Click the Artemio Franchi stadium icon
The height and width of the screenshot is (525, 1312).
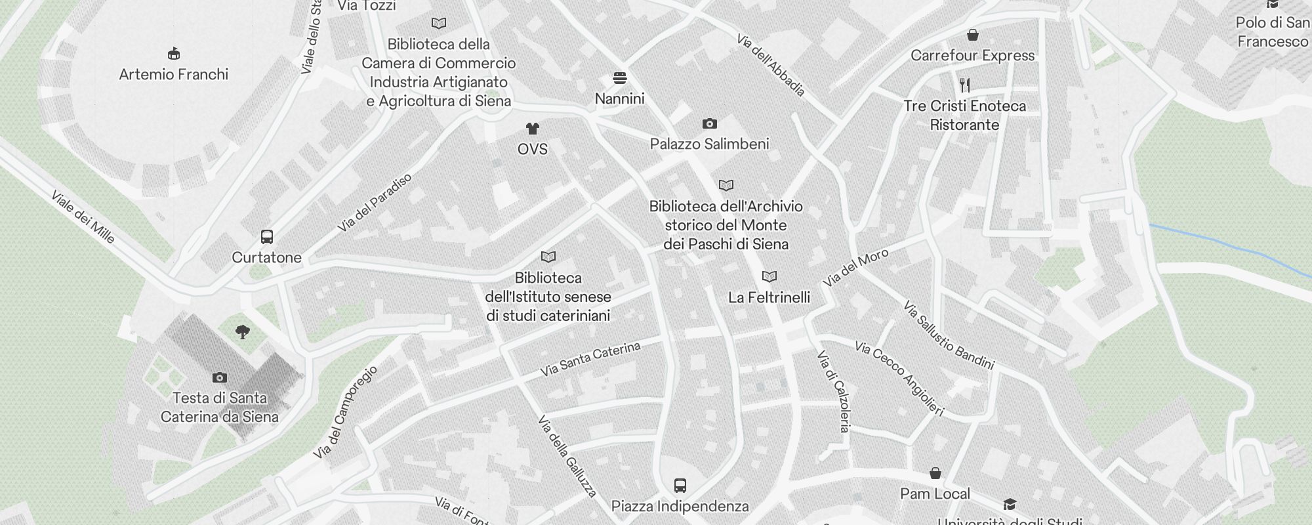point(174,53)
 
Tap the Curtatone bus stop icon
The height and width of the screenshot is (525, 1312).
point(267,237)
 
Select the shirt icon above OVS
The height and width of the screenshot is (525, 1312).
point(532,128)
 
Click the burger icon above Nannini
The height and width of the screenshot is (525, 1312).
point(619,78)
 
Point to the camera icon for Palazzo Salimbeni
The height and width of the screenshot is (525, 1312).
point(709,123)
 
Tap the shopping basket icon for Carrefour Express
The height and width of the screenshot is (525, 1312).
point(973,34)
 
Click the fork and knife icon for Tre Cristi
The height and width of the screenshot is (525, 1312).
point(964,85)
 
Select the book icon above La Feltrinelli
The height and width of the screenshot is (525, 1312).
point(769,277)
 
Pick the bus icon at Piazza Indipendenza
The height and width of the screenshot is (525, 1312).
point(680,486)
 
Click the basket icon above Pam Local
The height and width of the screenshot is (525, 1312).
point(935,473)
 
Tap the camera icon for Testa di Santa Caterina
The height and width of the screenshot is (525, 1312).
point(220,377)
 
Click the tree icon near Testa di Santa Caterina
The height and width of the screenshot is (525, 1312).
point(243,332)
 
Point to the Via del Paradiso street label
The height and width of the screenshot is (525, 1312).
point(375,202)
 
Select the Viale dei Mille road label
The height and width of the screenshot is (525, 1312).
point(83,217)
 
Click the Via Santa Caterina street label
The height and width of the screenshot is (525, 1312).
point(590,359)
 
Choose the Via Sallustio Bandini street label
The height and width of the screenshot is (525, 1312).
point(949,335)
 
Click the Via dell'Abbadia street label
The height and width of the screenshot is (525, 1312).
point(770,65)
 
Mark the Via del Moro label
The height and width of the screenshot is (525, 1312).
point(855,268)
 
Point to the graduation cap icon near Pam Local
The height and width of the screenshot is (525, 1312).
point(1010,504)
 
